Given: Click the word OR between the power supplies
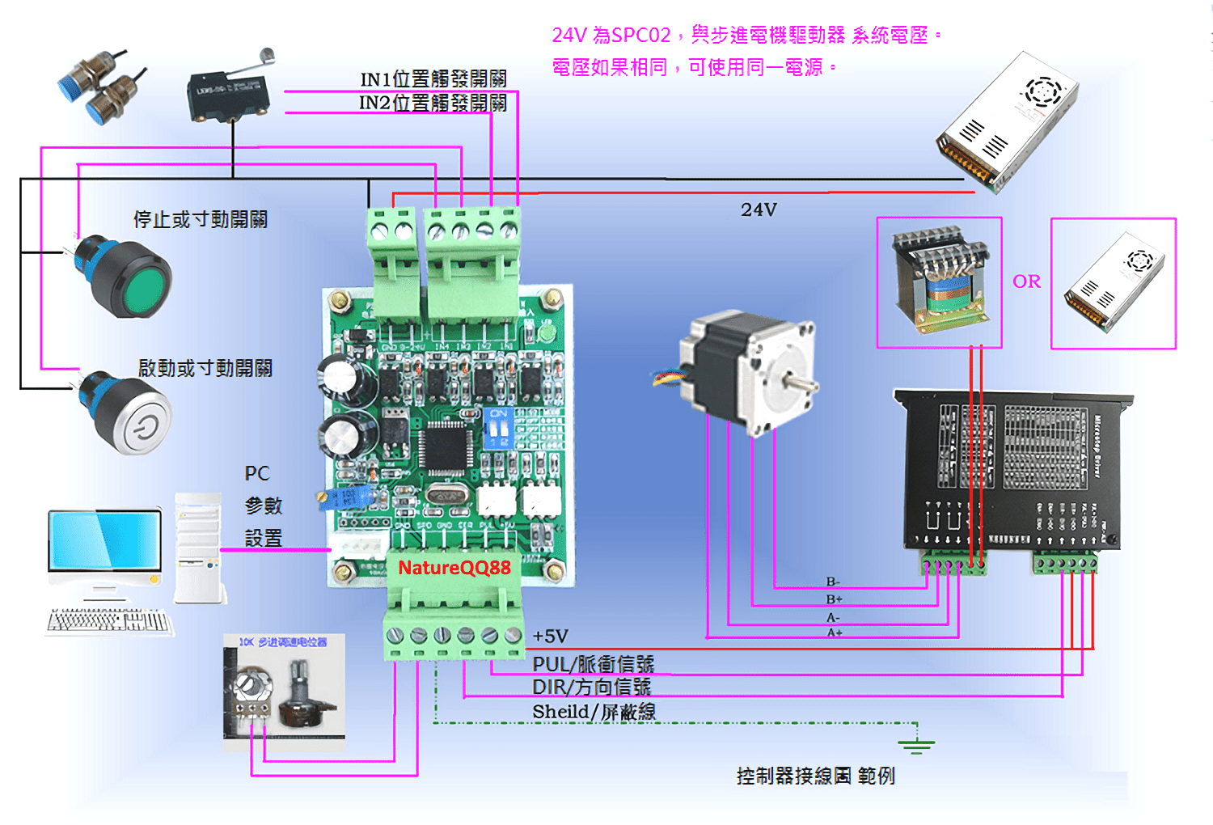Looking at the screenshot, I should [x=1026, y=281].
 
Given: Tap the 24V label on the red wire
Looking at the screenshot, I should [x=759, y=210].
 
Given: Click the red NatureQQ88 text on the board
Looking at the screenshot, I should [x=454, y=568].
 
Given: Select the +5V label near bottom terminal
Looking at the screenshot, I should [x=551, y=637].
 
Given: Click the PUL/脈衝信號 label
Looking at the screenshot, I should [x=593, y=664].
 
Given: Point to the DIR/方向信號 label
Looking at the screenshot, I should [x=591, y=687].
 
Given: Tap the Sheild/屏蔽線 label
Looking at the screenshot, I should [x=594, y=712].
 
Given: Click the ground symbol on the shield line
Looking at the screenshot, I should [x=915, y=745].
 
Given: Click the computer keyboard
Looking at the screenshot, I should [x=109, y=621].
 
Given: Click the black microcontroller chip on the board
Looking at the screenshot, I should [x=443, y=447].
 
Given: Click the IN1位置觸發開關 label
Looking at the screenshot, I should [x=433, y=79].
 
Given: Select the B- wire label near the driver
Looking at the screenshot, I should [x=833, y=582].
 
